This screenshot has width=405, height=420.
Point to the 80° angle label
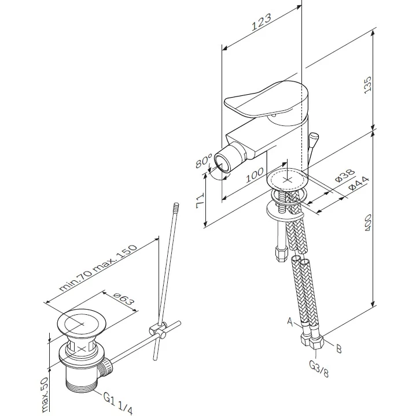[203, 160]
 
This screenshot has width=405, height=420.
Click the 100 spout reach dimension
[255, 176]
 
